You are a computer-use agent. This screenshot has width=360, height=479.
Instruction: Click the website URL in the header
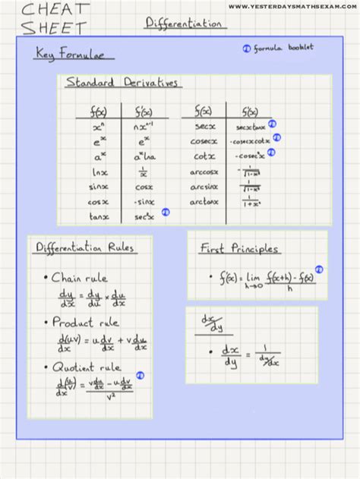[292, 7]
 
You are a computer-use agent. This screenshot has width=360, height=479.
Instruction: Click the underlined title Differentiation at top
[185, 24]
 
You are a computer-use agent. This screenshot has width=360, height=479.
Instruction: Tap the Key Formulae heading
[74, 54]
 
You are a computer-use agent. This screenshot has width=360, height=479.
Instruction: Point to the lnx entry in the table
[99, 172]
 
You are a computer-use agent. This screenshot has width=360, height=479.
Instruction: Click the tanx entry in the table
[99, 216]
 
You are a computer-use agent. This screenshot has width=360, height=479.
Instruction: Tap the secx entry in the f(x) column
[203, 127]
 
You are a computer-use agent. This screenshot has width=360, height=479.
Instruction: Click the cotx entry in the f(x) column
[203, 157]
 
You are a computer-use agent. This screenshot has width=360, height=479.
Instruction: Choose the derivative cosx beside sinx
[144, 187]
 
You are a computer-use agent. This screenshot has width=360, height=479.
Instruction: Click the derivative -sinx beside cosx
[144, 202]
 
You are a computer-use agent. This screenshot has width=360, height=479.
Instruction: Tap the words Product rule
[84, 323]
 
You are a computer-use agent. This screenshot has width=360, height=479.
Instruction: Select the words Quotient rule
[87, 368]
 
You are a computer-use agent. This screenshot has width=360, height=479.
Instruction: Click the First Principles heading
[239, 249]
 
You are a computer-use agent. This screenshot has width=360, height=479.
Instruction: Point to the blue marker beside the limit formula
[319, 269]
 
